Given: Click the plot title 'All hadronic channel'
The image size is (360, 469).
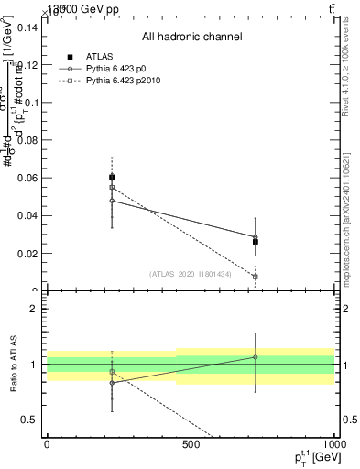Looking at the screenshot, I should click(x=191, y=38).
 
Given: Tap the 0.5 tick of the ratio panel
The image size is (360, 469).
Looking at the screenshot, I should click(x=29, y=420).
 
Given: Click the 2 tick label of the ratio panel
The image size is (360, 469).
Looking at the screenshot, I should click(x=33, y=309).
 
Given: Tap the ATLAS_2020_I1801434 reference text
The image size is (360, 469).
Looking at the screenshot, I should click(x=191, y=274).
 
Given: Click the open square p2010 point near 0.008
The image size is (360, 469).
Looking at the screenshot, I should click(x=256, y=276).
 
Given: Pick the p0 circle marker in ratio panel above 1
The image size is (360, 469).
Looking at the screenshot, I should click(x=256, y=357).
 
